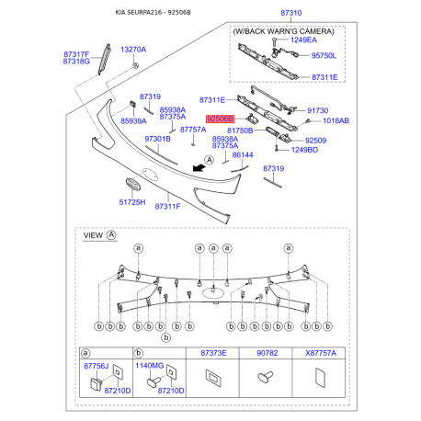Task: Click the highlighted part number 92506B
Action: [x=220, y=119]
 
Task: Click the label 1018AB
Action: [x=336, y=120]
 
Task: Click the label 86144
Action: [x=243, y=155]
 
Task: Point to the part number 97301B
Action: [x=158, y=138]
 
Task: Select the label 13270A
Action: [x=133, y=49]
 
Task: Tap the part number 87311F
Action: [x=167, y=207]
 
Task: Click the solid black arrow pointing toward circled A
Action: [x=198, y=166]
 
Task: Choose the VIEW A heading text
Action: [x=99, y=235]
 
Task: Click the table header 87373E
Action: [x=213, y=353]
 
